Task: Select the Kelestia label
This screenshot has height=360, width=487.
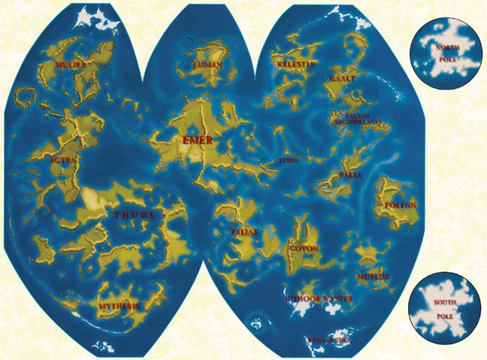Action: (295, 65)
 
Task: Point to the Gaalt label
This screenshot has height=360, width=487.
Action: (342, 78)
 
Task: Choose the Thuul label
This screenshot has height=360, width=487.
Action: (134, 216)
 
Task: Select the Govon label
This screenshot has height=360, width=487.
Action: (304, 248)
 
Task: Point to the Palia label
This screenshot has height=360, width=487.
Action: (350, 174)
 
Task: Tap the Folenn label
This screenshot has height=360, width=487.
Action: (401, 204)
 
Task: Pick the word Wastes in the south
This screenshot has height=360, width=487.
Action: (334, 299)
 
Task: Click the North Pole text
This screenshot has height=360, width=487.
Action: (448, 52)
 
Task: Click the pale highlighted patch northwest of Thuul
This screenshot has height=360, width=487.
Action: (93, 199)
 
